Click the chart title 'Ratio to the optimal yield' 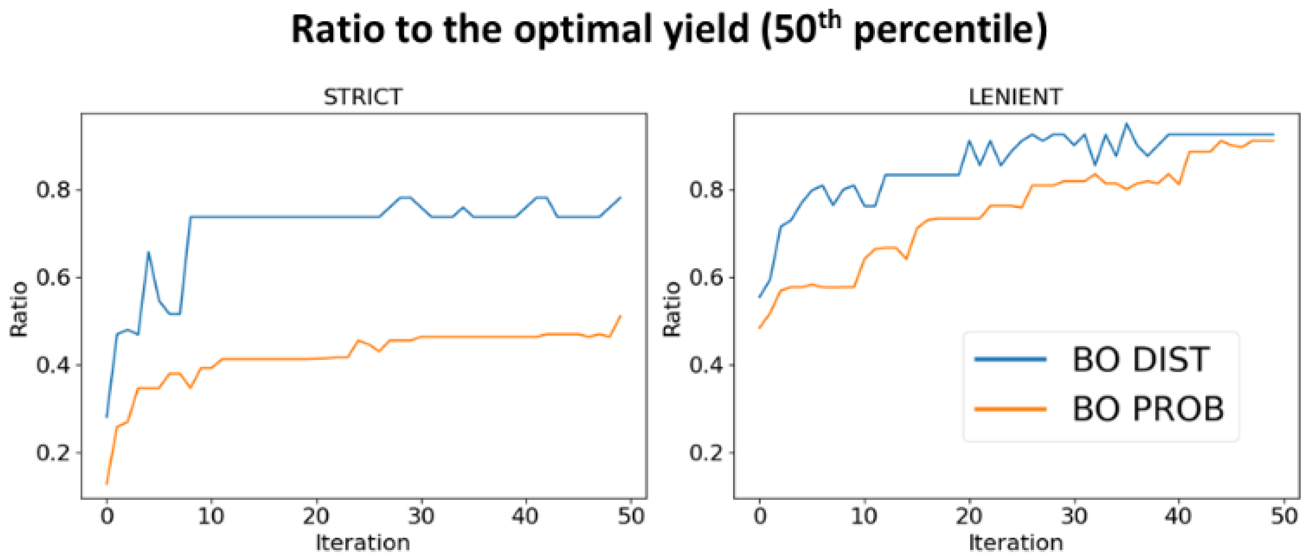point(520,30)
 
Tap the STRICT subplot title point(363,97)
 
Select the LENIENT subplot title point(1015,97)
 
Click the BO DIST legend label point(1141,360)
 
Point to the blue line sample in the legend point(1010,360)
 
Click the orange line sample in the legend point(1010,409)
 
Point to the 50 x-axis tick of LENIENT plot point(1284,516)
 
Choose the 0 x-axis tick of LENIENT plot point(760,516)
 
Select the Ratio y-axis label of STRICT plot point(19,309)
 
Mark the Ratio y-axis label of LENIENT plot point(671,309)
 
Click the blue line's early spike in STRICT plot point(149,252)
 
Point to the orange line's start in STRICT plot point(107,483)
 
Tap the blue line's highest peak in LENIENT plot point(1126,124)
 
